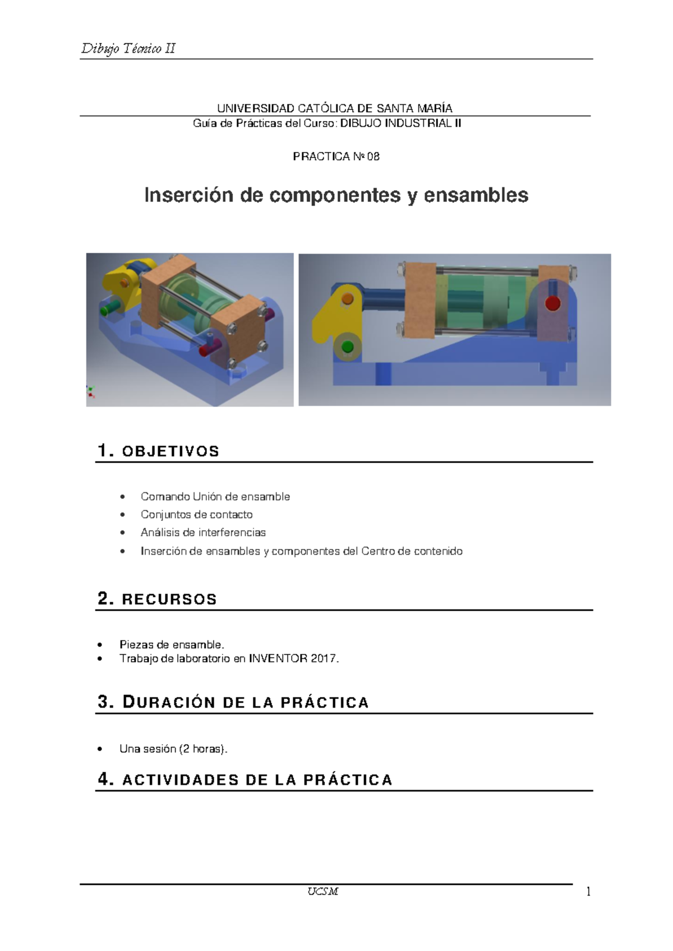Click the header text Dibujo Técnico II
[x=128, y=49]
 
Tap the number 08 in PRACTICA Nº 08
[x=373, y=157]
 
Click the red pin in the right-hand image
[x=552, y=303]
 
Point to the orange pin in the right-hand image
[x=348, y=298]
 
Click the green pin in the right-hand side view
[x=347, y=346]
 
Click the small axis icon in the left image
[x=90, y=391]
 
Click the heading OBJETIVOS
[x=170, y=451]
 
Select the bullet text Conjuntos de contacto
[x=196, y=515]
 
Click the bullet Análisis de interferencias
[x=203, y=533]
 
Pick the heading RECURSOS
[x=169, y=599]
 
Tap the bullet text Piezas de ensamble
[x=172, y=645]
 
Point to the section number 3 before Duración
[x=103, y=702]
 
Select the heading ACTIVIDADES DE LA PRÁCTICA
[x=257, y=780]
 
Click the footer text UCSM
[x=322, y=892]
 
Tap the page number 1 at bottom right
[x=588, y=892]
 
